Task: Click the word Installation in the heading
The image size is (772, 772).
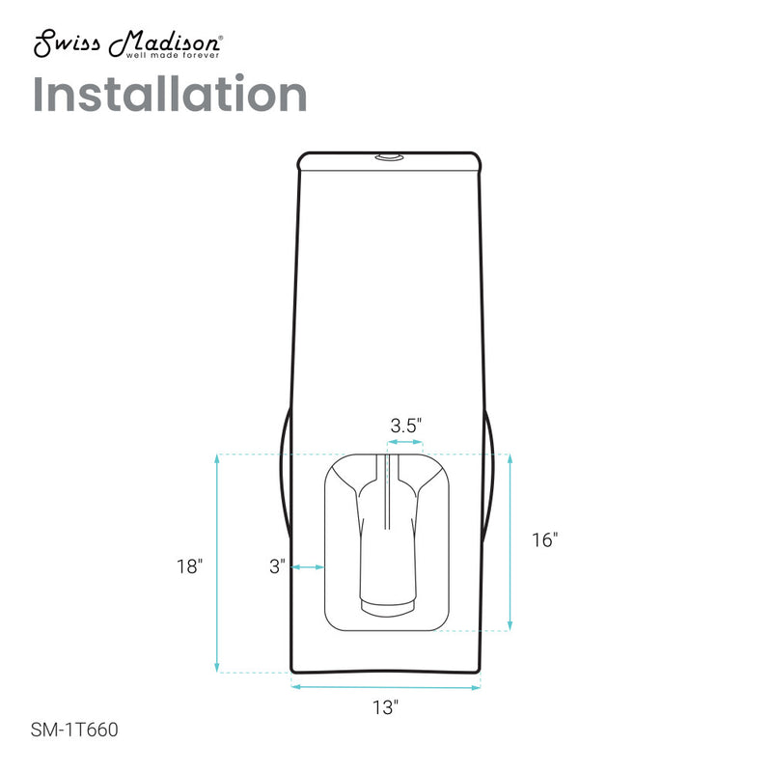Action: coord(170,94)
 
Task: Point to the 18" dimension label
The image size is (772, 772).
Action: coord(190,566)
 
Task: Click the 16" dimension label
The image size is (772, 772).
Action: coord(544,540)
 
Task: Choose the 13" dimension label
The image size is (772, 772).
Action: coord(386,708)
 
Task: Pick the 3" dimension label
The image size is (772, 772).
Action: coord(278,567)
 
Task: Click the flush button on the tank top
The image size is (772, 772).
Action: coord(388,153)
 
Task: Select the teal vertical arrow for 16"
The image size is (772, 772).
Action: coord(510,541)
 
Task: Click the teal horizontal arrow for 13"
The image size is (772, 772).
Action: coord(386,687)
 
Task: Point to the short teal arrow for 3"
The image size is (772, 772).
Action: coord(307,567)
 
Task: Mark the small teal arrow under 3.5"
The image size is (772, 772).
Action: coord(405,442)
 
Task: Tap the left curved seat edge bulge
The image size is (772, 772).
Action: coord(283,473)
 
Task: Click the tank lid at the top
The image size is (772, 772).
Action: coord(388,160)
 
